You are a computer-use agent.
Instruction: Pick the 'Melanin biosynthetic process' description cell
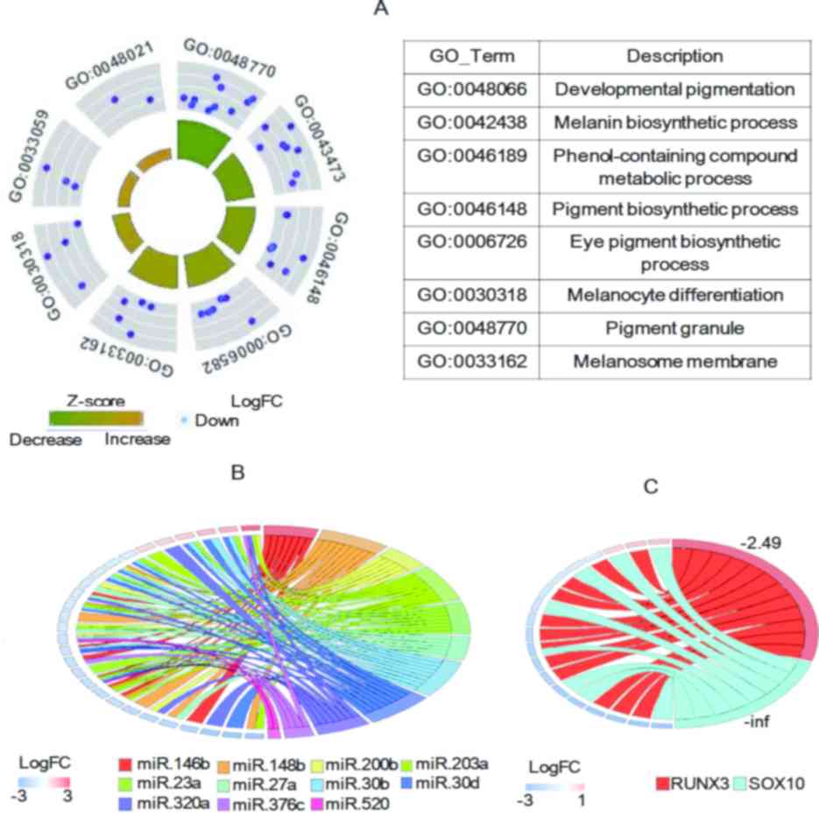[x=674, y=122]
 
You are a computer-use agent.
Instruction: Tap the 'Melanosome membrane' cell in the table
[x=674, y=359]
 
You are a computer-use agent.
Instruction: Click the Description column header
[x=674, y=56]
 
